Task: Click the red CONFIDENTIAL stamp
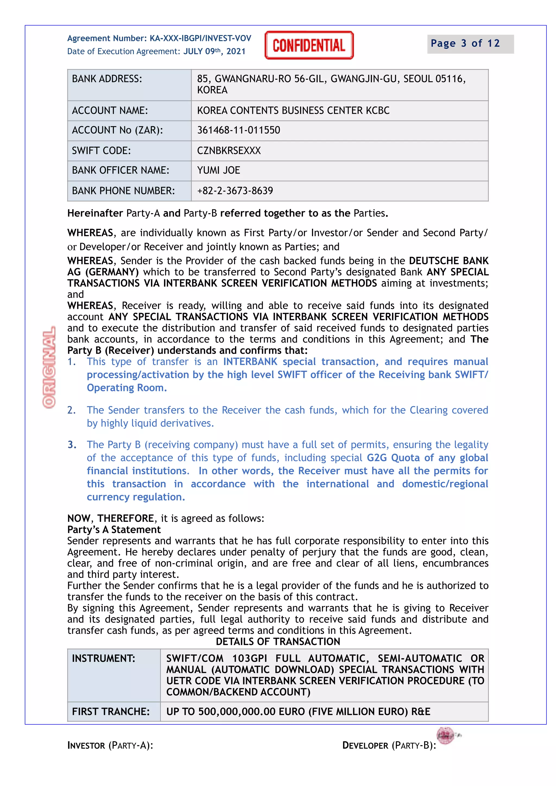coord(309,45)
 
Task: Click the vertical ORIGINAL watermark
coord(49,367)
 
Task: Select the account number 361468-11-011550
coord(238,130)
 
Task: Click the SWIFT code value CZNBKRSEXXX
coord(229,151)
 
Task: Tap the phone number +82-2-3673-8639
coord(235,191)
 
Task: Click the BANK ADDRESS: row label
coord(107,79)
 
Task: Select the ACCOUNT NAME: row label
coord(110,111)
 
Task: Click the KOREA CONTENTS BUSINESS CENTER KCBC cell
coord(293,111)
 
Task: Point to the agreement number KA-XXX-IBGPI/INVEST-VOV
coord(200,38)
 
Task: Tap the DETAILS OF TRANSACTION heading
coord(278,641)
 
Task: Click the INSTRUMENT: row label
coord(103,658)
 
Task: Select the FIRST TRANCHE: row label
coord(111,712)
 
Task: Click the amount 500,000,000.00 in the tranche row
coord(237,712)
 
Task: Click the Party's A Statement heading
coord(114,530)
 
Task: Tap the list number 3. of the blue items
coord(72,445)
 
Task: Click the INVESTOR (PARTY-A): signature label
coord(110,745)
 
